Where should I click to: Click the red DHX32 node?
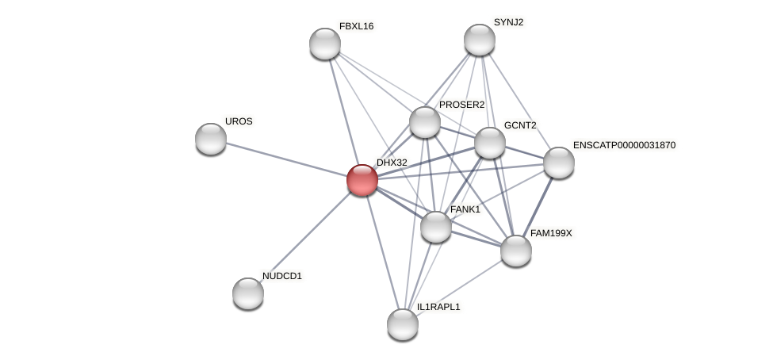[x=362, y=180]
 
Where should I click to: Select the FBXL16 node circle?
[x=325, y=44]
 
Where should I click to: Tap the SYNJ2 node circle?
[x=480, y=40]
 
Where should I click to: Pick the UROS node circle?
[x=211, y=139]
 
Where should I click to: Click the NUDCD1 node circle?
[x=248, y=293]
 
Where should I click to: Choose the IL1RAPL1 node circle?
[x=403, y=324]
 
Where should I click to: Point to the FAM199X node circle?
[x=516, y=251]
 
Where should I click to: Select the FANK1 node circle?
[x=436, y=227]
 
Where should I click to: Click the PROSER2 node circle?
[x=425, y=122]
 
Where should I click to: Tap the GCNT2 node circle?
[x=490, y=143]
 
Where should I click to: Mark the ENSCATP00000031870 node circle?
[x=559, y=163]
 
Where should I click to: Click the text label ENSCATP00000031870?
[x=624, y=145]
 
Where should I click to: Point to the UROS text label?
[x=239, y=121]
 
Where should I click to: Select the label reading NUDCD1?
[x=282, y=276]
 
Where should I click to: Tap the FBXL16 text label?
[x=356, y=26]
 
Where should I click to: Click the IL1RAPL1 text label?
[x=438, y=307]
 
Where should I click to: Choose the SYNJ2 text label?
[x=508, y=22]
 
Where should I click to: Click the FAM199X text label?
[x=551, y=233]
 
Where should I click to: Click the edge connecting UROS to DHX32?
[x=286, y=159]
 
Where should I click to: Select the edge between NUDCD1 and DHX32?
[x=305, y=237]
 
